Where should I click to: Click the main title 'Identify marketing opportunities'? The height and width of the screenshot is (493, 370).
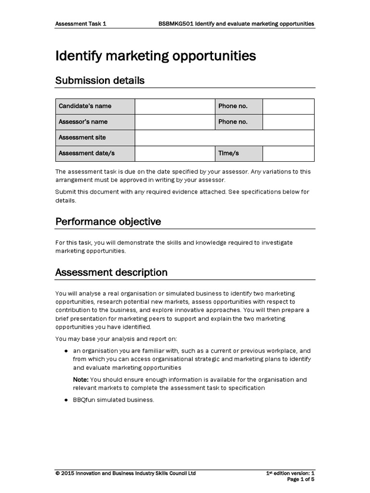[x=156, y=56]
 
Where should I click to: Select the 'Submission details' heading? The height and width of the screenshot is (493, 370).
[x=100, y=80]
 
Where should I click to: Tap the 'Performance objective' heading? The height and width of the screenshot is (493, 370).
[x=108, y=222]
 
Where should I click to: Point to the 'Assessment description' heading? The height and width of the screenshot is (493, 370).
[x=111, y=272]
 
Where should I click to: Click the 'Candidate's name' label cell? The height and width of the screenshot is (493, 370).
[x=95, y=106]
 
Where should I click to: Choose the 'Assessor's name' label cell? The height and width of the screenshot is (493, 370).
[x=95, y=122]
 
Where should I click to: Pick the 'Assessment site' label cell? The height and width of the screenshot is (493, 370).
[x=95, y=138]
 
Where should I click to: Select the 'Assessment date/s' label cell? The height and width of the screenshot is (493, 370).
[x=95, y=153]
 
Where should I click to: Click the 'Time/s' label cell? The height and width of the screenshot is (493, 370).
[x=238, y=153]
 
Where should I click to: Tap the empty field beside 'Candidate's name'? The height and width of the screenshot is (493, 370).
[x=174, y=106]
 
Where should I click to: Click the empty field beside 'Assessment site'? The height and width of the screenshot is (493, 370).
[x=225, y=138]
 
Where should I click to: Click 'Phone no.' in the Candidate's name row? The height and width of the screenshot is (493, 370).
[x=238, y=106]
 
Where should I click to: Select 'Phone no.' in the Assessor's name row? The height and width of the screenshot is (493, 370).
[x=238, y=122]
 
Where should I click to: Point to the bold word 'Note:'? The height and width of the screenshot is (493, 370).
[x=80, y=380]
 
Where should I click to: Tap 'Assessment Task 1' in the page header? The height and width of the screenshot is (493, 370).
[x=80, y=23]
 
